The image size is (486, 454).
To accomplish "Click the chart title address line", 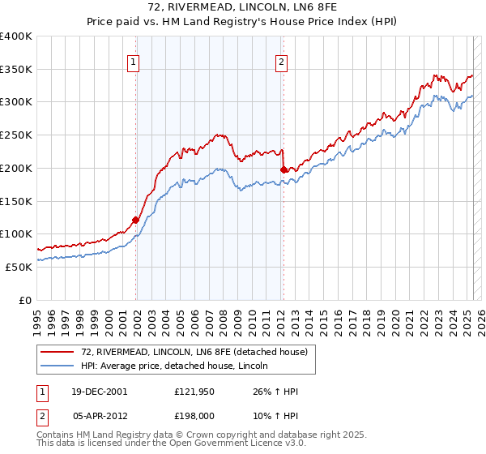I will (243, 7).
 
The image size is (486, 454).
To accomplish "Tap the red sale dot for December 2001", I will (135, 219).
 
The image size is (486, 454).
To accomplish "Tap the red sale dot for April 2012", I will (283, 169).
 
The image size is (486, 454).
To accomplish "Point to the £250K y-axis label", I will (16, 135).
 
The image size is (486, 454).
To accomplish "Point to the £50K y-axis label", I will (19, 266).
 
